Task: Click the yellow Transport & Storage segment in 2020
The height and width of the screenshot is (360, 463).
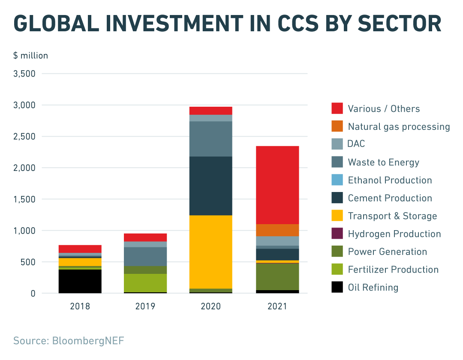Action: (210, 252)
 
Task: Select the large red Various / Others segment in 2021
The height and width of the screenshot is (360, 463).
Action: (277, 185)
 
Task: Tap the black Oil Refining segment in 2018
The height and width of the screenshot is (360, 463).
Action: (80, 281)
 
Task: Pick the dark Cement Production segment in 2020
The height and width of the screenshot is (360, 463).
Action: (210, 186)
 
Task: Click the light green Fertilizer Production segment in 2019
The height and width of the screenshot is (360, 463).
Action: (145, 283)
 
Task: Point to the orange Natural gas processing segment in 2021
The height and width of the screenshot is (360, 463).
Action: (277, 230)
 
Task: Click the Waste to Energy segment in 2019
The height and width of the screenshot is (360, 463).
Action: (145, 256)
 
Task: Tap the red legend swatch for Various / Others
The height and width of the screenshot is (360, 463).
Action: (337, 108)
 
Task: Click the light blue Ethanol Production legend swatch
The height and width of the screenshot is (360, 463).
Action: (337, 180)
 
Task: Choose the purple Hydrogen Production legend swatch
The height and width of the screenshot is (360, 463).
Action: (337, 234)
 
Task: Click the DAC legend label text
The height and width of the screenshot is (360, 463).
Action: (356, 144)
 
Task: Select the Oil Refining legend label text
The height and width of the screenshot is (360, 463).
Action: (373, 288)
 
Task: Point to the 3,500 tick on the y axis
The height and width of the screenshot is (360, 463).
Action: (25, 74)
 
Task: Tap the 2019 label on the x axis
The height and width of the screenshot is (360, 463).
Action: (145, 306)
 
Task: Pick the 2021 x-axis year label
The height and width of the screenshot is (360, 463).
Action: (277, 306)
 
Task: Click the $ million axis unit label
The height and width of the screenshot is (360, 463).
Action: (30, 56)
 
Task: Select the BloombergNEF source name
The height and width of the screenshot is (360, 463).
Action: (88, 341)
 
